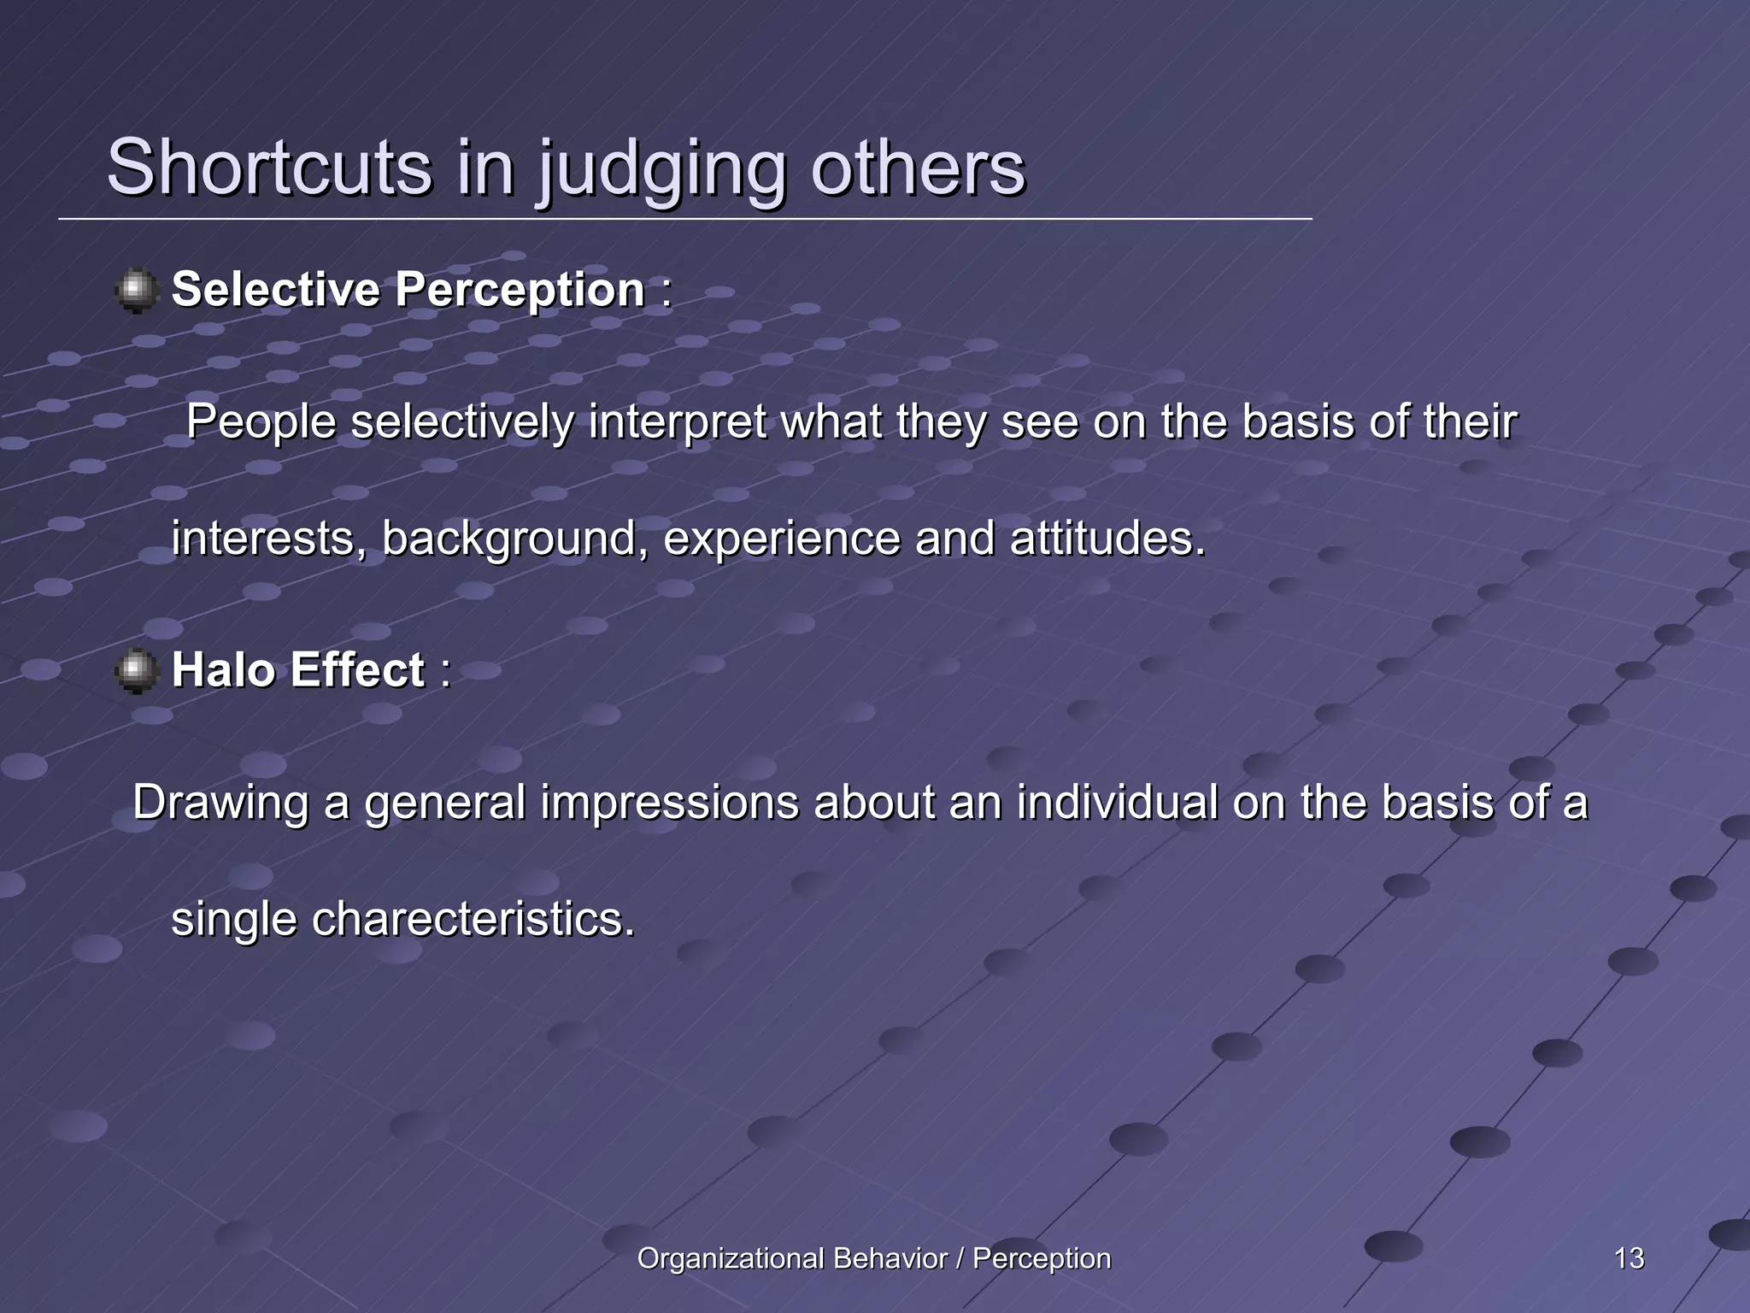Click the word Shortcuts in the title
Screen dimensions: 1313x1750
click(x=269, y=167)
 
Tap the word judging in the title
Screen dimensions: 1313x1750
click(x=662, y=169)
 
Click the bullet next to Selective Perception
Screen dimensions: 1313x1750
click(x=137, y=291)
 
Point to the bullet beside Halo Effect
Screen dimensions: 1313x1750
click(x=137, y=670)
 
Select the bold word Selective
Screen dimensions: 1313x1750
click(x=275, y=289)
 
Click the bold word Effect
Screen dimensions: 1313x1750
click(x=357, y=669)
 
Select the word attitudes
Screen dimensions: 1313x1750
click(x=1107, y=539)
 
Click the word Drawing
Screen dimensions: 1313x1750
click(x=220, y=804)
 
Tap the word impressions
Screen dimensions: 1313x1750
click(x=669, y=804)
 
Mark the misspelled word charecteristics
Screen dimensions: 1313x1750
click(x=473, y=920)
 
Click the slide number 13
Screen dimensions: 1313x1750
click(x=1629, y=1258)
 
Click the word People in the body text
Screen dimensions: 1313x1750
click(x=261, y=423)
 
